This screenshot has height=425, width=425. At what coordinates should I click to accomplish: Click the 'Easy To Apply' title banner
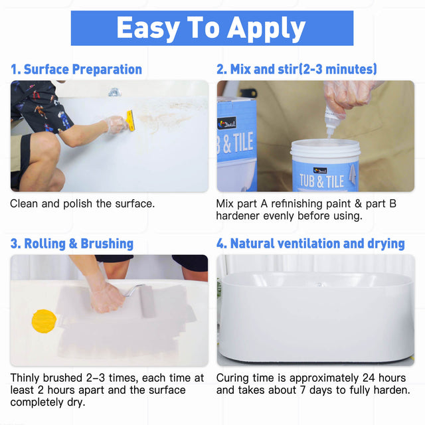pos(212,29)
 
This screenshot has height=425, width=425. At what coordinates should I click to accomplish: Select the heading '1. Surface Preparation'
pos(76,69)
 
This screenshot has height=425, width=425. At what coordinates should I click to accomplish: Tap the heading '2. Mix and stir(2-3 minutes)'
pos(297,69)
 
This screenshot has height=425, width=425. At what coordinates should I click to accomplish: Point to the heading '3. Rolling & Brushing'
pos(72,244)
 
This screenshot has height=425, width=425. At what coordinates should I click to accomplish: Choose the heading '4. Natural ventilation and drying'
pos(310,244)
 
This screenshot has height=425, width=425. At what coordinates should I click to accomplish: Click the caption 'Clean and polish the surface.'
pos(82,203)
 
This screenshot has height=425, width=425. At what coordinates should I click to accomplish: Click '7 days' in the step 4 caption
pos(310,390)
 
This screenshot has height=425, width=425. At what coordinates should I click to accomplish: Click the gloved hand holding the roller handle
pos(106,297)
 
